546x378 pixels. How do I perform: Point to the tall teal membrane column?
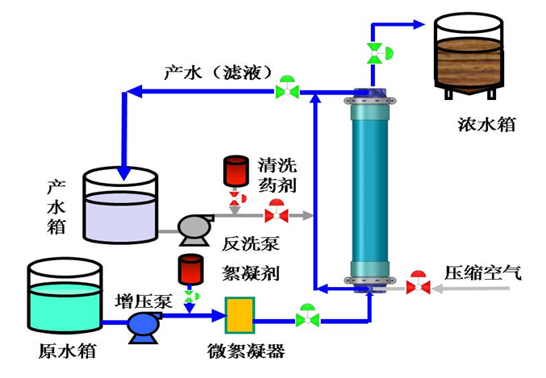370,190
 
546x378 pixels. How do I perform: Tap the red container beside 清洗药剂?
236,172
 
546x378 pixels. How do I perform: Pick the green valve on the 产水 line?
286,88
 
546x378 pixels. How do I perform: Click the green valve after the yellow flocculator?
306,317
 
